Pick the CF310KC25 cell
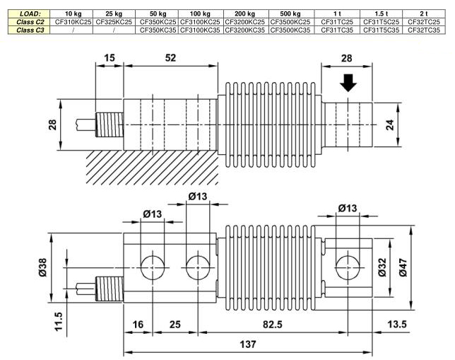(73, 22)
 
